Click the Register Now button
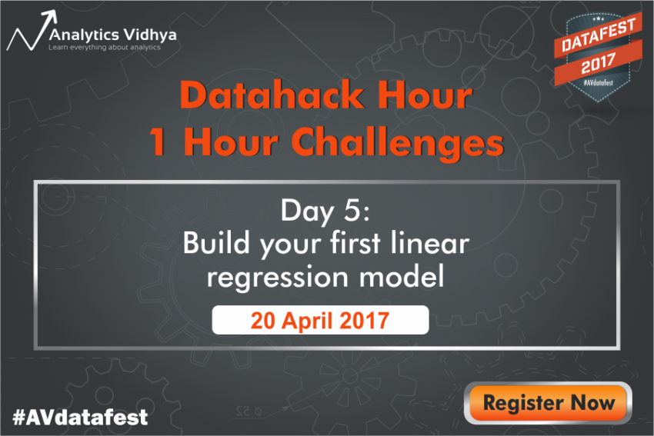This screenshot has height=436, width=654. pos(549,402)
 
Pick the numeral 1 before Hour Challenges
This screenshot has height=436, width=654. pos(157,142)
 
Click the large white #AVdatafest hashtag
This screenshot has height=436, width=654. pos(80,418)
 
